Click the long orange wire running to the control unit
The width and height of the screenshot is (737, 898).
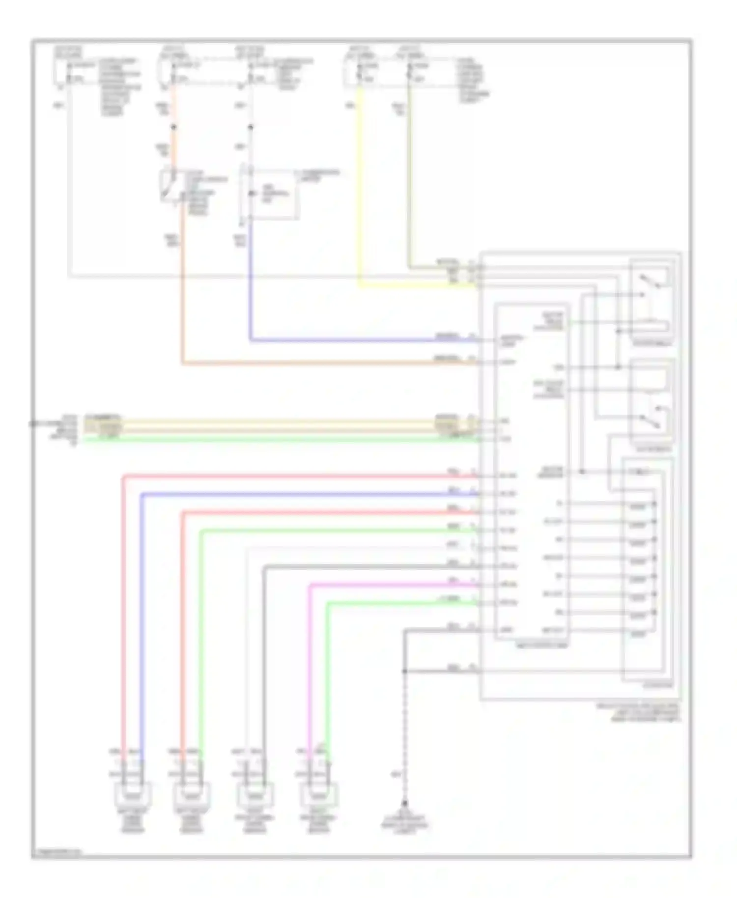(x=319, y=364)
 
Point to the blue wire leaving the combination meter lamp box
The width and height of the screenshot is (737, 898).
(x=251, y=285)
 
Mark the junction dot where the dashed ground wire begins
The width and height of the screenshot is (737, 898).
(x=405, y=671)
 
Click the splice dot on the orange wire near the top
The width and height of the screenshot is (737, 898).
(x=173, y=128)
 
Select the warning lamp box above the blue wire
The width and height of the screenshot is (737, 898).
(x=269, y=194)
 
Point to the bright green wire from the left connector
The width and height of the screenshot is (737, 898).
(x=275, y=440)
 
